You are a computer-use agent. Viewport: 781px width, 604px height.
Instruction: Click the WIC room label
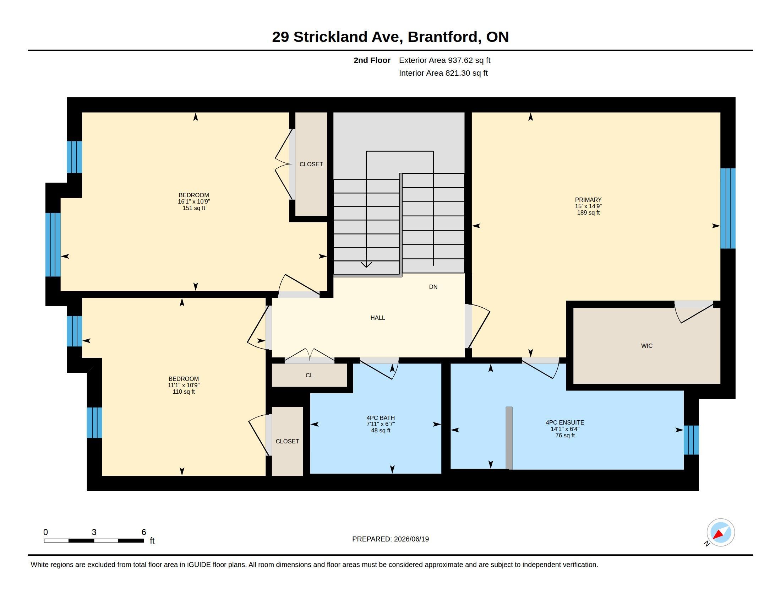646,346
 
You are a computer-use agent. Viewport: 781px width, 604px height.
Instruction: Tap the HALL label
378,318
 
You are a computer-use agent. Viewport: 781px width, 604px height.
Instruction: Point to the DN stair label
433,287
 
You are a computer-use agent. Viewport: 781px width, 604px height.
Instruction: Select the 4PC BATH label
381,417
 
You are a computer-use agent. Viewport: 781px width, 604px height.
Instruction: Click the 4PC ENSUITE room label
565,422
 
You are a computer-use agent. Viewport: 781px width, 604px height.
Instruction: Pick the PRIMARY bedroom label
588,200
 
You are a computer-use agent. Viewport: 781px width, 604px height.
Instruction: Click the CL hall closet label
309,375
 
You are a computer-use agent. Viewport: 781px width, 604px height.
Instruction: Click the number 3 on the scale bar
94,532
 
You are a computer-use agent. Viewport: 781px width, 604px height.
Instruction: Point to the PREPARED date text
390,539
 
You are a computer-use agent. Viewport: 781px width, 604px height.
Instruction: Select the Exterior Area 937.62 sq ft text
444,60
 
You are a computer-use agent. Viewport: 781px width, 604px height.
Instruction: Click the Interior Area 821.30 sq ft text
443,73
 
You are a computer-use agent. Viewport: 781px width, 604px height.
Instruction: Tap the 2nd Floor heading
372,60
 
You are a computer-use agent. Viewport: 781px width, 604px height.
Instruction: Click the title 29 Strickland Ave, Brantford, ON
390,37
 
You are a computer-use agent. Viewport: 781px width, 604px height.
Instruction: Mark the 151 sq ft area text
194,208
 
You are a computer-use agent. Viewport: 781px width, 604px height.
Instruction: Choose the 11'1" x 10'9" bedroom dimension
184,385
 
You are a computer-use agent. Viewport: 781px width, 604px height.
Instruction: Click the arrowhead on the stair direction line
366,265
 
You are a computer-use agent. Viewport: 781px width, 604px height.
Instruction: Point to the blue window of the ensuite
691,440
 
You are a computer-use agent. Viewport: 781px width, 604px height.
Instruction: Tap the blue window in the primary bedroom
728,208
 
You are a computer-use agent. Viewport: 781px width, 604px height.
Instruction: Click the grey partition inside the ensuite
509,438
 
